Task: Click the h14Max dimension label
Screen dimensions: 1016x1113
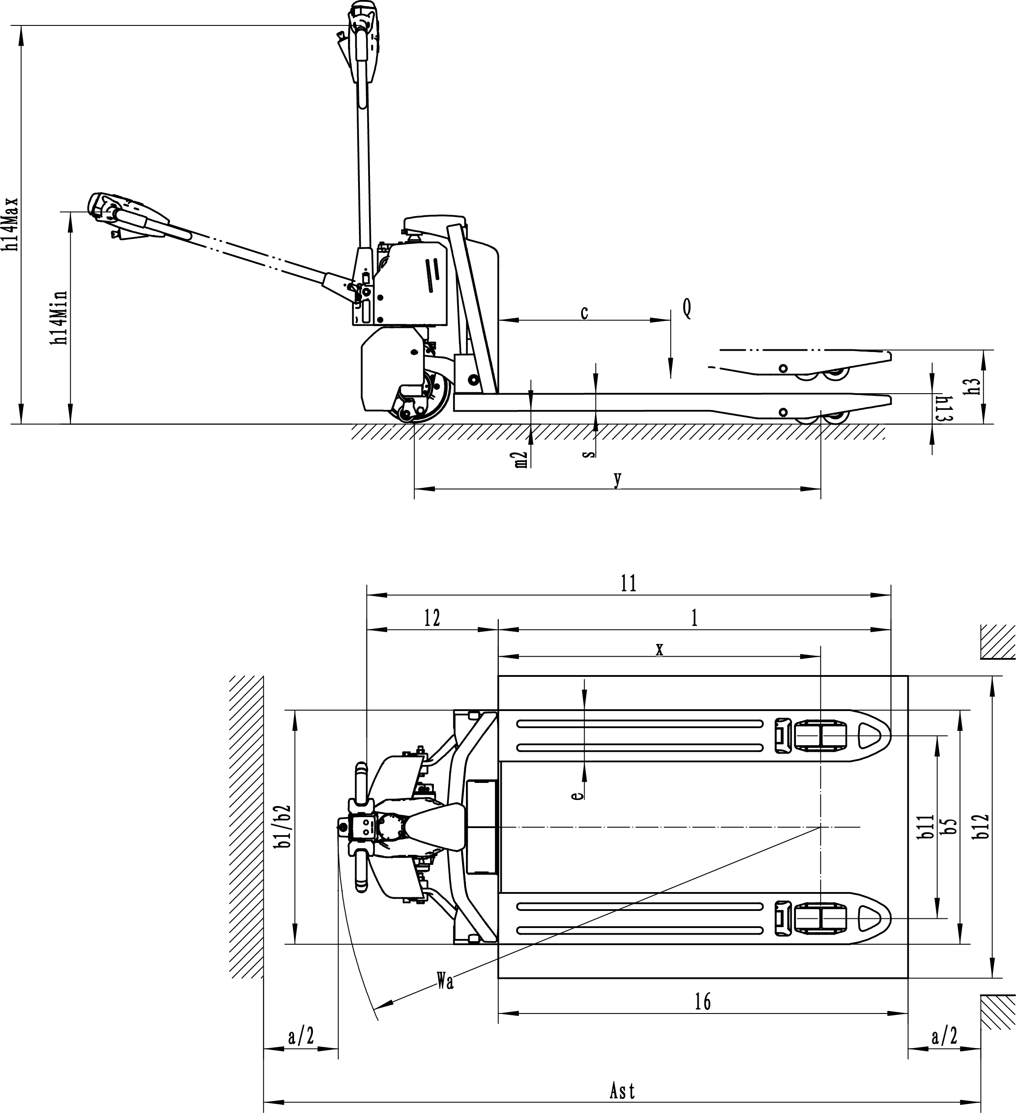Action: (x=12, y=225)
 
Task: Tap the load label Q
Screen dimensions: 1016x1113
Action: (x=686, y=309)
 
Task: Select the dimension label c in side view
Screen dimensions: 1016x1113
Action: (x=584, y=313)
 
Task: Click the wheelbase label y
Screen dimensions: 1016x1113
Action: (x=618, y=479)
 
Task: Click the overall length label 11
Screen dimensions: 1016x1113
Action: (x=629, y=583)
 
